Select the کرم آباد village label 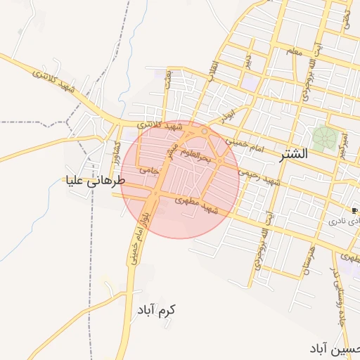pyautogui.click(x=156, y=310)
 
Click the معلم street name pyautogui.click(x=294, y=51)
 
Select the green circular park pyautogui.click(x=325, y=137)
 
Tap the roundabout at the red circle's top pyautogui.click(x=205, y=131)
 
